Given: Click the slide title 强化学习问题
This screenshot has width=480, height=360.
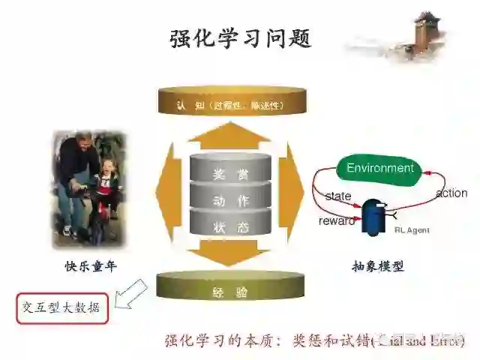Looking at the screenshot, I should coord(240,38).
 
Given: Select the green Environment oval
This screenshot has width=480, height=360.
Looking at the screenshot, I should coord(379,168).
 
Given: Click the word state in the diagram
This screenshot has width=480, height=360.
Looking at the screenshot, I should coord(337,196).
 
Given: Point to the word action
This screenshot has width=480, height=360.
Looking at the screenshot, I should coord(451,193).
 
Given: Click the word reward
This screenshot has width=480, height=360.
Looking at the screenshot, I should coord(336,221).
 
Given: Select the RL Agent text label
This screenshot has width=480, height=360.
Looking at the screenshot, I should coord(412,230).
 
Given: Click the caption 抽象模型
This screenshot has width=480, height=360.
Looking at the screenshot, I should coord(377,265).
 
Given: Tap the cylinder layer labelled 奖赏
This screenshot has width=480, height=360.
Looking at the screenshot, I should coord(231,175).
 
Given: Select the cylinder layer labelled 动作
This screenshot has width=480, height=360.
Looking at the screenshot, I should coord(231,201).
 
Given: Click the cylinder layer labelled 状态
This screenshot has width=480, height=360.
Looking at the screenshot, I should coord(231,227).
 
